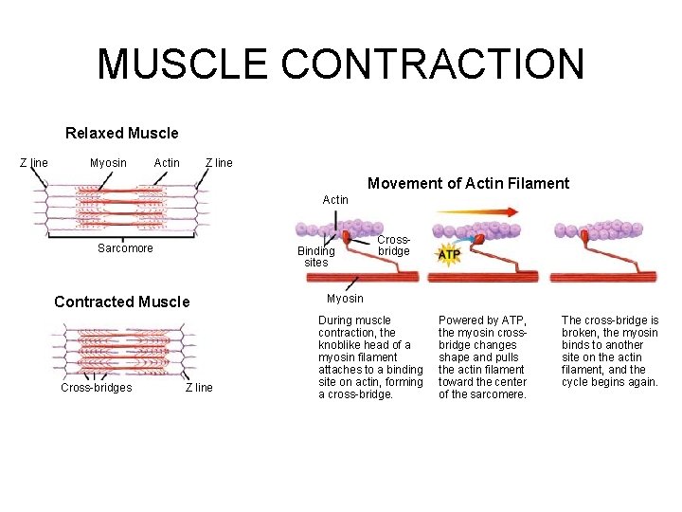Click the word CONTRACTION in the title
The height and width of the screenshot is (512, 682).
coord(433,64)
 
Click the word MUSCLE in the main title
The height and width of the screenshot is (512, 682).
coord(183,64)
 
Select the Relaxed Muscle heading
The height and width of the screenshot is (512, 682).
coord(121,134)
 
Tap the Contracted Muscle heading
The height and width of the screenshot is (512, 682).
coord(121,302)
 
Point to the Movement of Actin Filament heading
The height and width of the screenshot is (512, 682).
coord(468,184)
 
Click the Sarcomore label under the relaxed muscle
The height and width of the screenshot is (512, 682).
coord(125,248)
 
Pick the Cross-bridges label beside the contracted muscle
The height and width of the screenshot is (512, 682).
coord(96,388)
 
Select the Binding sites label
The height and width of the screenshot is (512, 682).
coord(315,257)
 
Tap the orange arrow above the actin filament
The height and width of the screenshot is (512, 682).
coord(483,213)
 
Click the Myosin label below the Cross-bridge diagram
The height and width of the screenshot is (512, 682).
coord(345,299)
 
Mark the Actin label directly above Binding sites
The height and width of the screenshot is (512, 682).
coord(335,200)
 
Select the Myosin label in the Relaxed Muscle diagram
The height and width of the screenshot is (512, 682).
coord(108,163)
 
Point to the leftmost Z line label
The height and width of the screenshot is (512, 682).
coord(34,163)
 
